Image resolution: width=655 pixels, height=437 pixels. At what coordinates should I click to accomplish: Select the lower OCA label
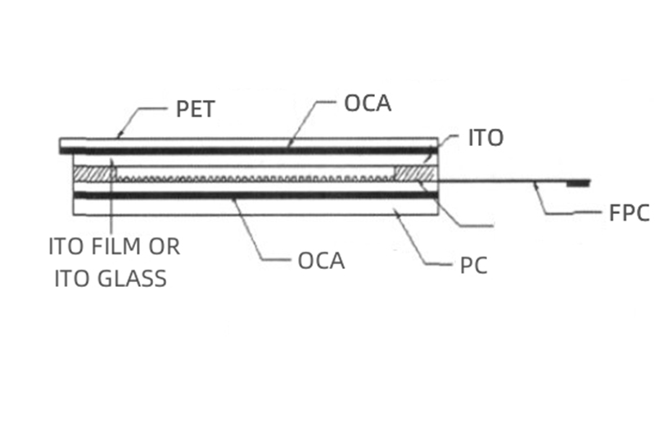point(321,262)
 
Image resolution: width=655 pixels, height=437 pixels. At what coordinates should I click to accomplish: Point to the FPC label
point(629,214)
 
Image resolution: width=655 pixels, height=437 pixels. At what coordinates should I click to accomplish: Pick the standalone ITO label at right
point(485,138)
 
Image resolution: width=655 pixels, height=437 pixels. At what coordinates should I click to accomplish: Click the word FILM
point(123,246)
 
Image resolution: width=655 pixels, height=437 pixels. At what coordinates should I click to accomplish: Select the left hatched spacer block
point(93,175)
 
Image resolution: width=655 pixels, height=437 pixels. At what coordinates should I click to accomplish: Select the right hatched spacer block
point(414,175)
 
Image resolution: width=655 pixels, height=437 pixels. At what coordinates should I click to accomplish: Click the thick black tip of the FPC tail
point(579,181)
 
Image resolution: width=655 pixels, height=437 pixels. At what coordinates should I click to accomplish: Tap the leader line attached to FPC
point(557,205)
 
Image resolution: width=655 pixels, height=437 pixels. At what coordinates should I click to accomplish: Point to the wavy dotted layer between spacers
point(254,177)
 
